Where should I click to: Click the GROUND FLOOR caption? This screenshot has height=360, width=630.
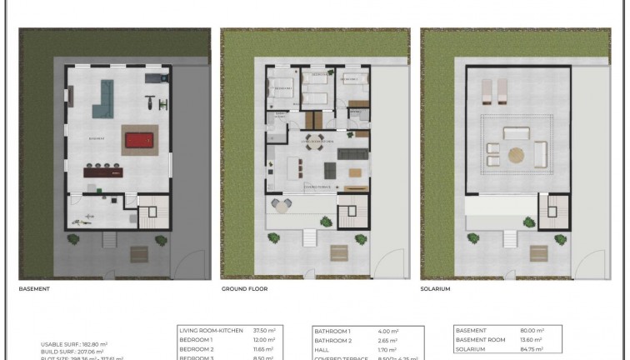coord(245,289)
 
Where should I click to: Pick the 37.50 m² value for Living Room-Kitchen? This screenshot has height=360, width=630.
coord(264,331)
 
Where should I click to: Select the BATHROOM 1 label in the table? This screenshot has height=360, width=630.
coord(331,331)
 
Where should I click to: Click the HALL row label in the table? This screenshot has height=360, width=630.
coord(321,350)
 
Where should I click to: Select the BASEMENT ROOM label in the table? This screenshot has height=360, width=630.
coord(480,340)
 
